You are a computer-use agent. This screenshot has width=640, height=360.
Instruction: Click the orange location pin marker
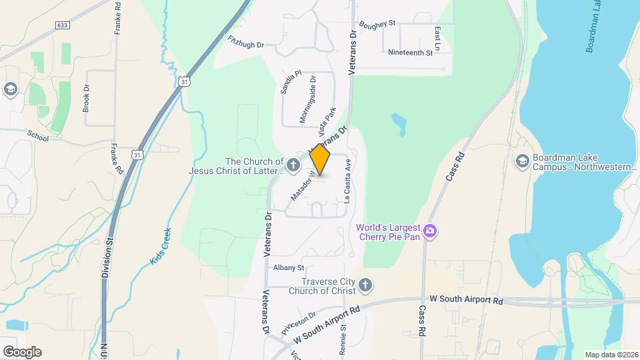tap(320, 159)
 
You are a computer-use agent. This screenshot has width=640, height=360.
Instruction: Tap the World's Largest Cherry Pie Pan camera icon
tap(431, 231)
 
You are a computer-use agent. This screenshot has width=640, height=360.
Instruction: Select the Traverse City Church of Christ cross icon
tap(364, 285)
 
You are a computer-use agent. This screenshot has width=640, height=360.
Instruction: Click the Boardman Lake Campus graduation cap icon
tap(522, 161)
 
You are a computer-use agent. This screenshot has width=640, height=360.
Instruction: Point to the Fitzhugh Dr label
tap(246, 41)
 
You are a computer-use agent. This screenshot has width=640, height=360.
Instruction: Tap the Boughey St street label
tap(377, 24)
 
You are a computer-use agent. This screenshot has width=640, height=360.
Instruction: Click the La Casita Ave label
tap(347, 183)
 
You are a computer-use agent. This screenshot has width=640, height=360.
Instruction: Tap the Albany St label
tap(289, 267)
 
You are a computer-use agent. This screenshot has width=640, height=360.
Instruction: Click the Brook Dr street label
tap(86, 97)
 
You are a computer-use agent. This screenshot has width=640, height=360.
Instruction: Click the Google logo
tap(21, 351)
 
